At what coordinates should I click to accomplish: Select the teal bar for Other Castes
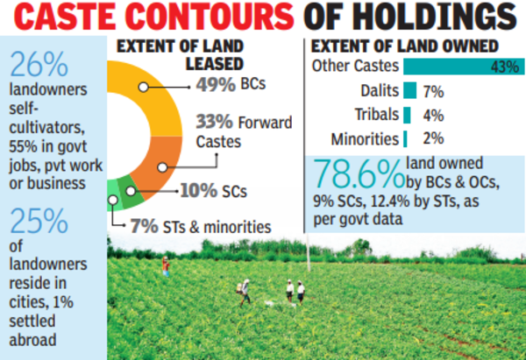pyautogui.click(x=461, y=66)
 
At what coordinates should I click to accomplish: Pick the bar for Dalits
pyautogui.click(x=409, y=90)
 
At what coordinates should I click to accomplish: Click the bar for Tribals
pyautogui.click(x=407, y=114)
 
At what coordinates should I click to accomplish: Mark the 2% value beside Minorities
pyautogui.click(x=431, y=138)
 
